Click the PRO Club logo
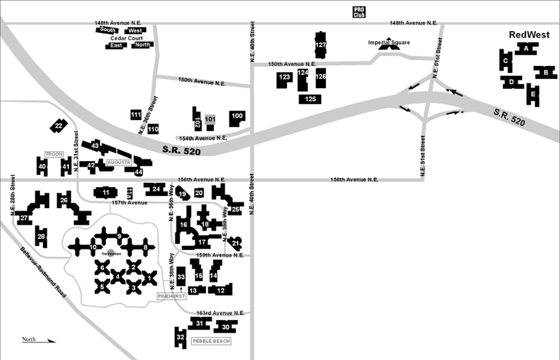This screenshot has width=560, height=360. pos(358,11)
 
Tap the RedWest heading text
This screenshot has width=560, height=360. pos(529,35)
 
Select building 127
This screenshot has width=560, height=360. pos(320,45)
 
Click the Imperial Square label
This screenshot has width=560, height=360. pos(389,43)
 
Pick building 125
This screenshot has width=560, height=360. pos(311,99)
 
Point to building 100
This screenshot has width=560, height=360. pos(237,116)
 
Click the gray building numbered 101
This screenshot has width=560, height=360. pos(210,119)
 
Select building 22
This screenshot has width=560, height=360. pos(58,126)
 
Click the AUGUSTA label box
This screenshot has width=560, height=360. pos(118,162)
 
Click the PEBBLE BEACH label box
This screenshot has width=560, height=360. pos(211,341)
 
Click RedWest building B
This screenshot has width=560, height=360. pos(545,73)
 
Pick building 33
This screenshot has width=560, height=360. pos(181,276)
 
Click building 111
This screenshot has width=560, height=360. pos(136,115)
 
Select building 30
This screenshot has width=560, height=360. pos(226,327)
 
